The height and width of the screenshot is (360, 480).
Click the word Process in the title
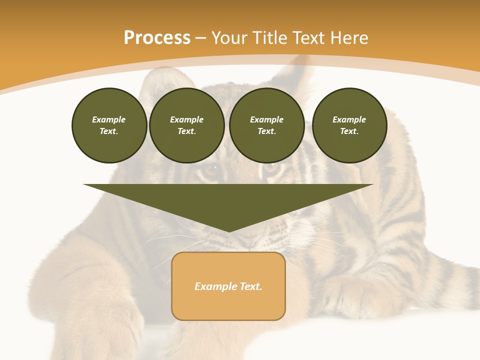[x=157, y=38]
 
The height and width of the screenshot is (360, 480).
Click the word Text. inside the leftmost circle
[x=109, y=131]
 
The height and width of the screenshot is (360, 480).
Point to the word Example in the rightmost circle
[x=349, y=119]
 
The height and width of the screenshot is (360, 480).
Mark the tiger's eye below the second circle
[x=212, y=170]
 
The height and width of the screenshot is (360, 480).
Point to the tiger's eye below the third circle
[x=271, y=167]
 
